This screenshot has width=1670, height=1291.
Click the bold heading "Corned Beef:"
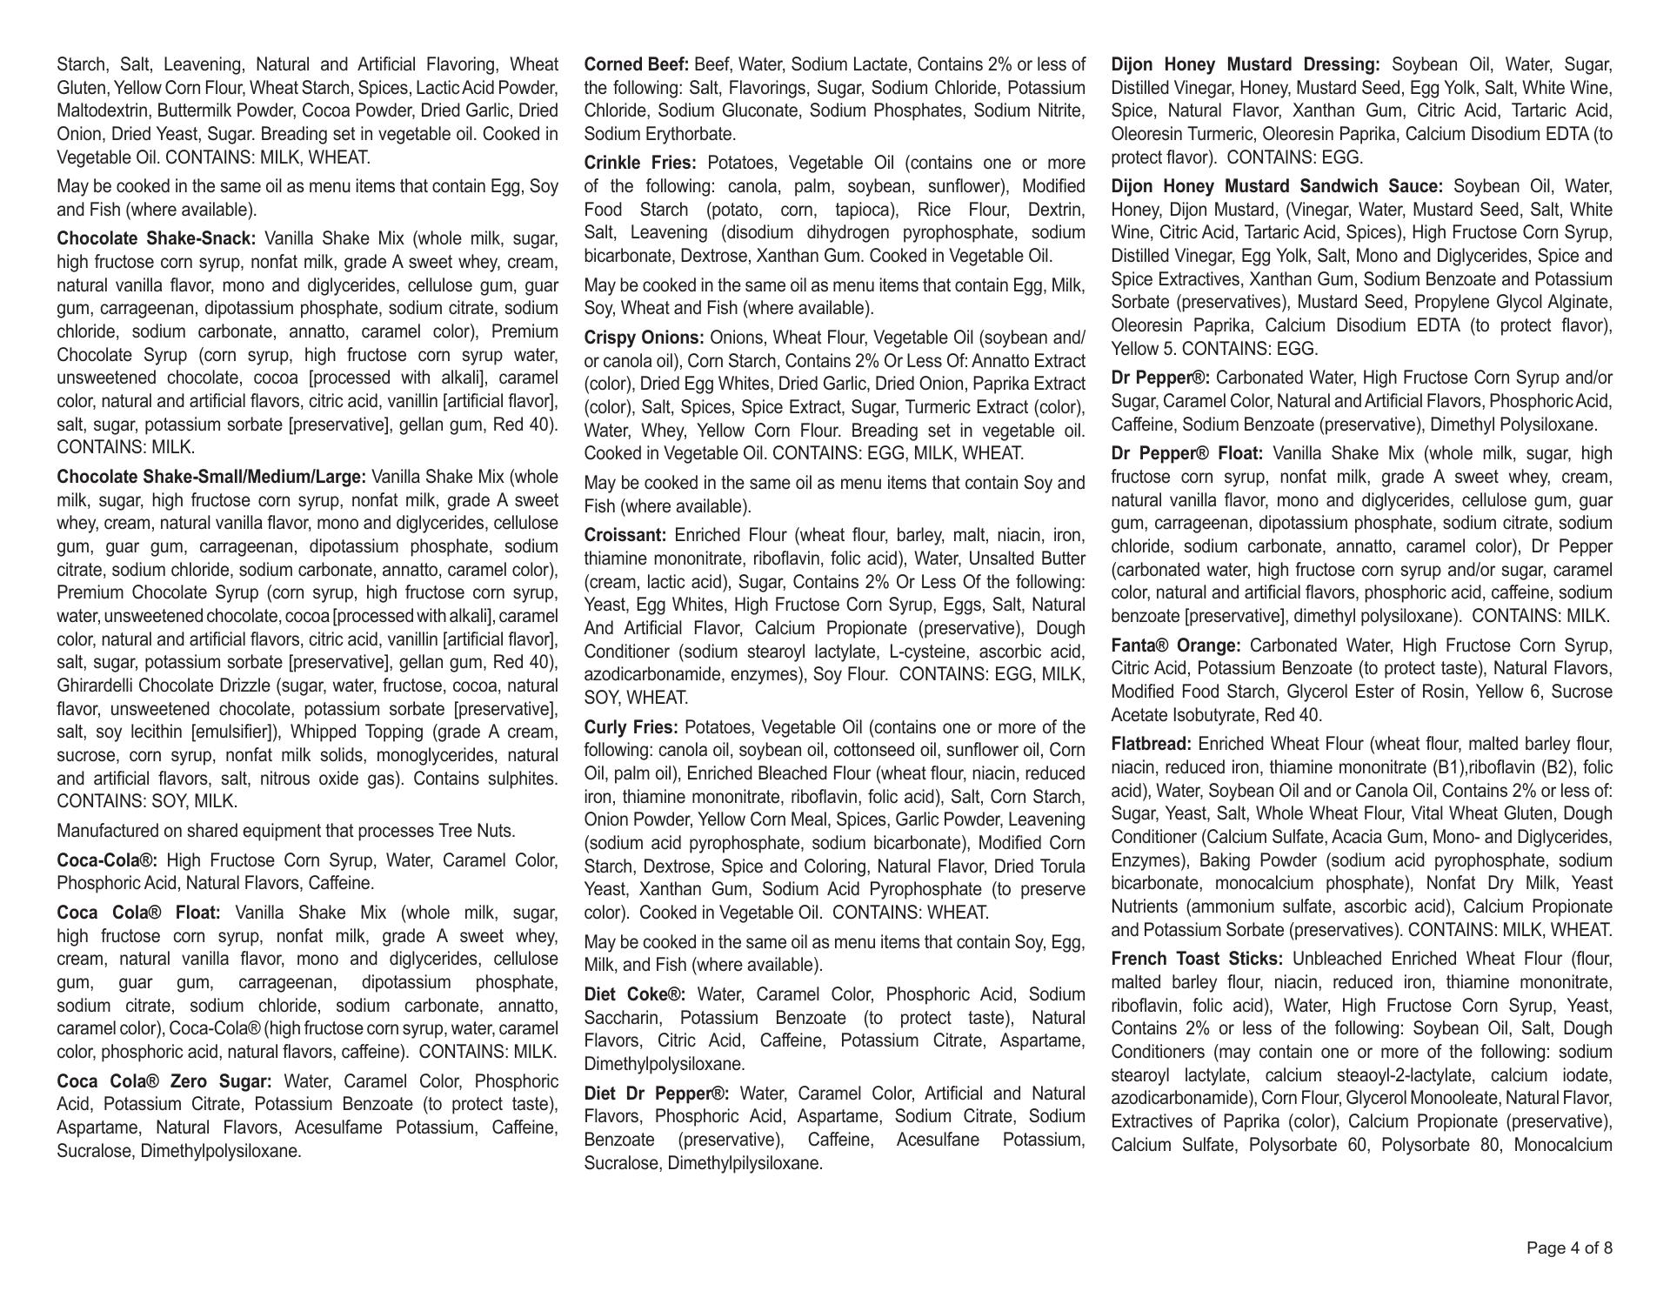click(x=636, y=64)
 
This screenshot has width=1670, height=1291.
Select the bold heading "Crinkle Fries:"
click(x=640, y=163)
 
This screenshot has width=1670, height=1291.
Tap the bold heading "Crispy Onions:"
click(x=644, y=338)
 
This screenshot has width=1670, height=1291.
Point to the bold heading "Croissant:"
click(x=625, y=535)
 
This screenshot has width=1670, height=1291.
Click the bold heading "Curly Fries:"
click(x=631, y=727)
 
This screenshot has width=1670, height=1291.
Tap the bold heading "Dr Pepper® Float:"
click(x=1187, y=453)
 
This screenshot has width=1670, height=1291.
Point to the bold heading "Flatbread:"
click(x=1151, y=744)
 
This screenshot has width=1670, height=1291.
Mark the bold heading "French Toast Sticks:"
click(x=1197, y=959)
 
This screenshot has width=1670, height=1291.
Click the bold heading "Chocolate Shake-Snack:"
click(x=157, y=238)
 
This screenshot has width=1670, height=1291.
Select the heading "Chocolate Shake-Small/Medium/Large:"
click(x=211, y=477)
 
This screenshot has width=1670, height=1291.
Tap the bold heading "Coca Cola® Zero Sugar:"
click(x=164, y=1081)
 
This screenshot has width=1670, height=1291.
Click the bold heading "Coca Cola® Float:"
click(x=139, y=913)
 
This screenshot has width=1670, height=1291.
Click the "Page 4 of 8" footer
click(x=1569, y=1248)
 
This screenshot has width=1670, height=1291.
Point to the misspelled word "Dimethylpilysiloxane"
click(x=745, y=1163)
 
